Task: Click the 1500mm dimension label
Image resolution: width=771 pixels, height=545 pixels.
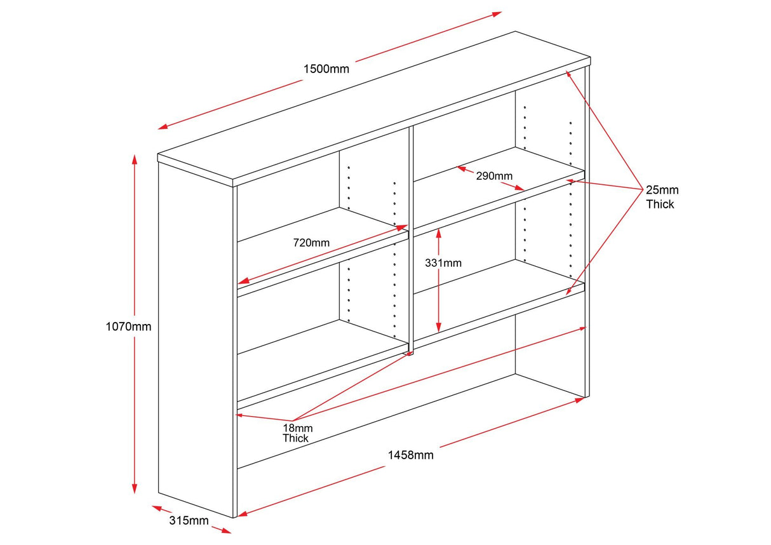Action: pyautogui.click(x=326, y=69)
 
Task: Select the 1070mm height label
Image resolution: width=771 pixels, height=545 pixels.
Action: pyautogui.click(x=128, y=326)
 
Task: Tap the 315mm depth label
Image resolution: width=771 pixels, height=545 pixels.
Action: pyautogui.click(x=189, y=521)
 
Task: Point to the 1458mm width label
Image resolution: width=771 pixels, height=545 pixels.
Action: pyautogui.click(x=410, y=455)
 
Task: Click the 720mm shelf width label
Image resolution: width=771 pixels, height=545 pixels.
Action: pyautogui.click(x=311, y=242)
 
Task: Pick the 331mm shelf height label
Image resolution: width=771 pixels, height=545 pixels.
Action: pyautogui.click(x=443, y=262)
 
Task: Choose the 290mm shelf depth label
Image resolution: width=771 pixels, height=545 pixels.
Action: pyautogui.click(x=494, y=175)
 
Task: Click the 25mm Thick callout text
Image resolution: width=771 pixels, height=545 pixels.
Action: pyautogui.click(x=662, y=197)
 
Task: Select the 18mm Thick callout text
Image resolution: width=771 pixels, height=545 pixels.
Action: pyautogui.click(x=297, y=433)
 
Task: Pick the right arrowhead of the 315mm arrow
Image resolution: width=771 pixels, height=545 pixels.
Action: pyautogui.click(x=227, y=531)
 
